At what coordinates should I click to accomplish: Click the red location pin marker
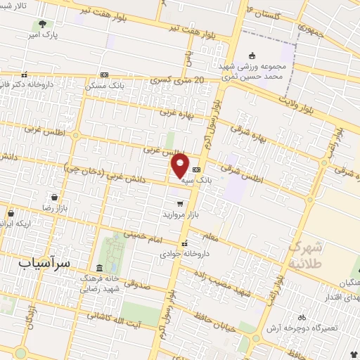(x=180, y=165)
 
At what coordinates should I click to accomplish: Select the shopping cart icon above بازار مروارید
(x=180, y=203)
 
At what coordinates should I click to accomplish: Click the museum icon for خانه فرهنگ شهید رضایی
(x=98, y=269)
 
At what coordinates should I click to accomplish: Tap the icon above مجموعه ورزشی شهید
(x=253, y=56)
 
